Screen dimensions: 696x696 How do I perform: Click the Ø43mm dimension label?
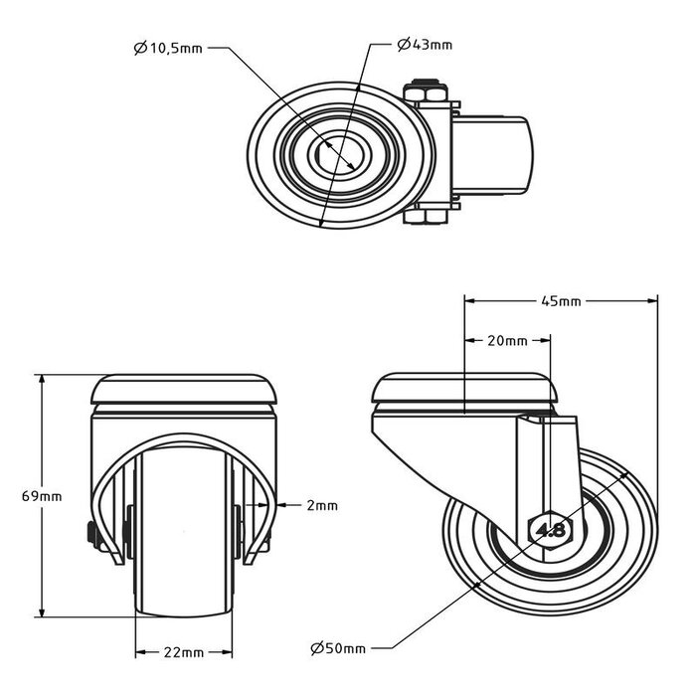click(x=424, y=45)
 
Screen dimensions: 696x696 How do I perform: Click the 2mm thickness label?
click(x=322, y=505)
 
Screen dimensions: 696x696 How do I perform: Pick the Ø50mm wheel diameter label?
click(x=338, y=648)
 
